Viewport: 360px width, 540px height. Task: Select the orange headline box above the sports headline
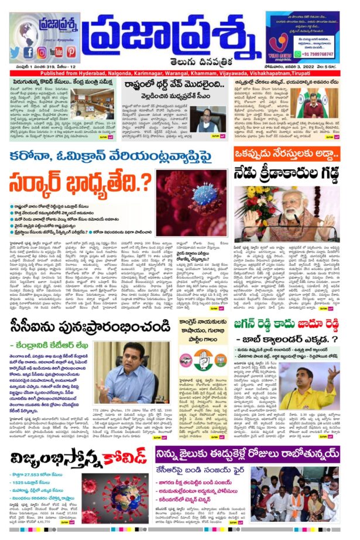pos(286,154)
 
